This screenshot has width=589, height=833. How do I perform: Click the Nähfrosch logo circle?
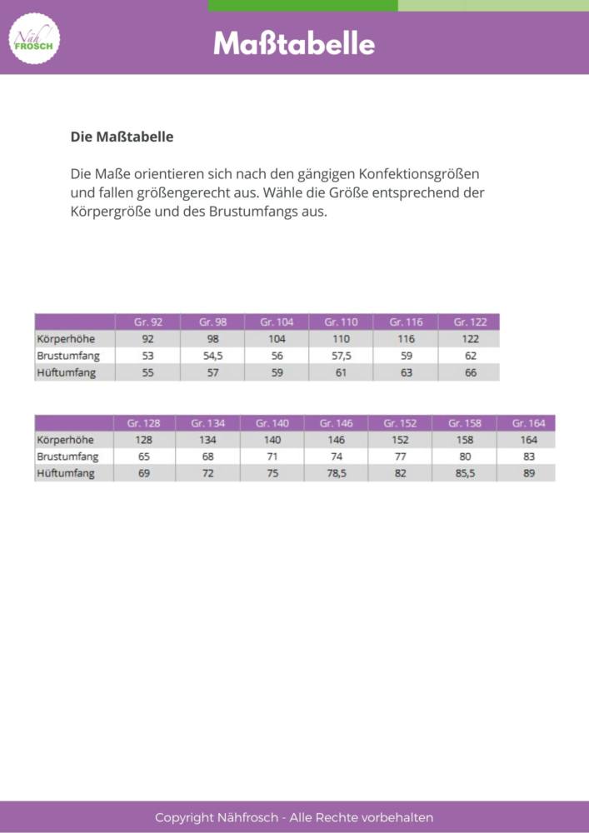[34, 38]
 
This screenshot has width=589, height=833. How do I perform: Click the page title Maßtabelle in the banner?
[294, 43]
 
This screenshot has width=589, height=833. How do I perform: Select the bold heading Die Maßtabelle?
[122, 137]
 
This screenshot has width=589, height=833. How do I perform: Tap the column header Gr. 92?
[148, 322]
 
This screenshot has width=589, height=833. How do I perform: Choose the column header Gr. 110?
[341, 322]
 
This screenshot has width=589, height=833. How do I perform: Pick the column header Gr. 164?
[528, 423]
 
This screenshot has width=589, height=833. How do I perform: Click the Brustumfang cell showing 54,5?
[213, 356]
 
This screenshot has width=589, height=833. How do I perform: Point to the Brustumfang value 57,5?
[341, 356]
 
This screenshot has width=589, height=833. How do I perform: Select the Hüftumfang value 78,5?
[336, 473]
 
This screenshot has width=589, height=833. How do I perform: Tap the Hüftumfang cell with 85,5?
[464, 473]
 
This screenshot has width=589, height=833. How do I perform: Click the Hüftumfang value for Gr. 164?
[528, 473]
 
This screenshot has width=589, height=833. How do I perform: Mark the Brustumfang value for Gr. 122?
[471, 356]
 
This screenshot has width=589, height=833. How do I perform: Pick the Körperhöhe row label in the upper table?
[66, 339]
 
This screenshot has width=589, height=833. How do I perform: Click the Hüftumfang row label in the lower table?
[66, 473]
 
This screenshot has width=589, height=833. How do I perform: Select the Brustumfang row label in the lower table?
[67, 456]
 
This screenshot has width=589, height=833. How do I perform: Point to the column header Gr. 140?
[272, 423]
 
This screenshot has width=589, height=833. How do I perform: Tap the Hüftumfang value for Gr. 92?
[148, 372]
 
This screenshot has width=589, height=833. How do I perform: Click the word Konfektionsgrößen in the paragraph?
[418, 175]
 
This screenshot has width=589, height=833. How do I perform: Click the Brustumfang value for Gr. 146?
[336, 456]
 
